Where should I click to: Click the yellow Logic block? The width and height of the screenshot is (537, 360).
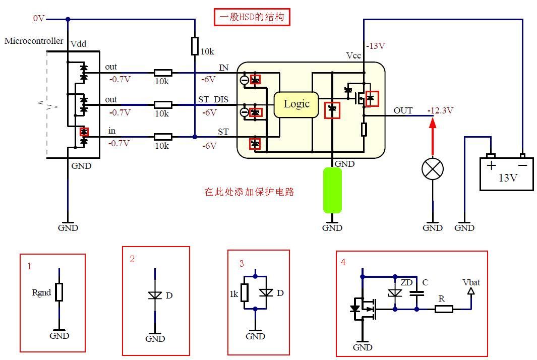click(x=296, y=104)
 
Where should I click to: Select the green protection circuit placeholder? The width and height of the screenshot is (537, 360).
click(x=332, y=190)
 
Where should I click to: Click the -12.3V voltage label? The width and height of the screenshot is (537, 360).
click(x=440, y=110)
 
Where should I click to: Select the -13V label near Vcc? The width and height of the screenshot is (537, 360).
click(x=376, y=46)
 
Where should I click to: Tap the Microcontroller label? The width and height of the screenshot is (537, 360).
click(x=34, y=41)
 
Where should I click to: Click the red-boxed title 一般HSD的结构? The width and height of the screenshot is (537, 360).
click(x=252, y=18)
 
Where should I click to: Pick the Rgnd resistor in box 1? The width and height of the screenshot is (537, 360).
click(x=59, y=292)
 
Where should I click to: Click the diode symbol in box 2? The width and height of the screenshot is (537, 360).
click(x=155, y=295)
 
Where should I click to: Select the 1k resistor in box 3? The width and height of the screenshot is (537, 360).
click(x=245, y=292)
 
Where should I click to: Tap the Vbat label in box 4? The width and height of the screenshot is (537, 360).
click(x=471, y=282)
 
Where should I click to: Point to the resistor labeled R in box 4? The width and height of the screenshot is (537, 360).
click(x=443, y=309)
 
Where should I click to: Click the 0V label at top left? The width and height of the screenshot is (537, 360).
click(x=39, y=18)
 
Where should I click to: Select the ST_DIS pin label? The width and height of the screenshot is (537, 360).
click(x=213, y=99)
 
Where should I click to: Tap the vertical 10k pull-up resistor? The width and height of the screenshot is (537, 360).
click(x=195, y=46)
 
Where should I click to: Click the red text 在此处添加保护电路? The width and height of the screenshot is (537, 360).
click(x=249, y=192)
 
